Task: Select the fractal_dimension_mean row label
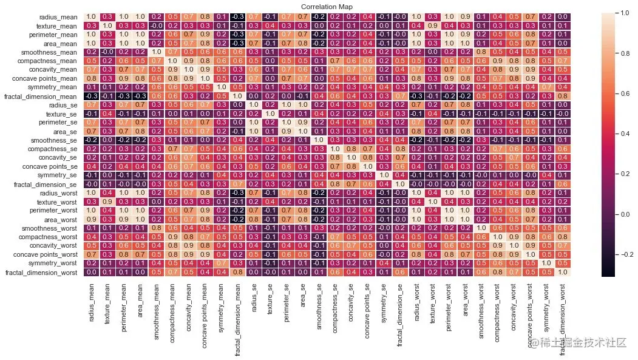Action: (x=42, y=96)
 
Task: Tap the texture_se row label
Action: (x=63, y=114)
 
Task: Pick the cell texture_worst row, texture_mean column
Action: (x=107, y=219)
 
